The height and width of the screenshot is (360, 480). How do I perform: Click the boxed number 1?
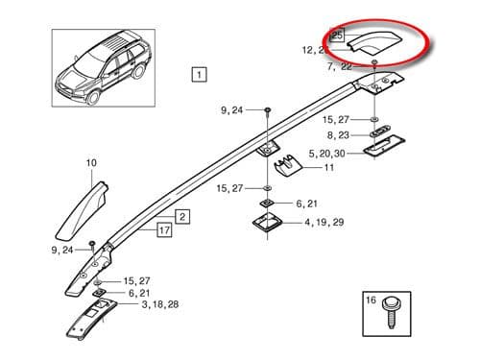(x=198, y=74)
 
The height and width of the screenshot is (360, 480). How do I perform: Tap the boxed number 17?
(x=165, y=230)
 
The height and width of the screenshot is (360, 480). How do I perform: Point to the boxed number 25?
(x=336, y=35)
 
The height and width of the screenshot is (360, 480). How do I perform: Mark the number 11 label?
(x=328, y=168)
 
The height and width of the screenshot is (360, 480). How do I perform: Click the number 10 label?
(x=91, y=164)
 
